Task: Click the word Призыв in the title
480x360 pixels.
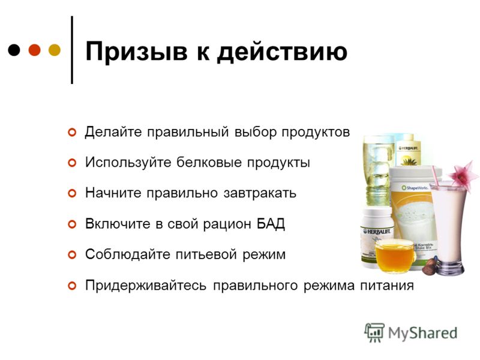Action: pos(137,52)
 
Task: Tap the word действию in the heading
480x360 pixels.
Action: pos(282,52)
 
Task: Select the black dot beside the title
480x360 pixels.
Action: pos(14,50)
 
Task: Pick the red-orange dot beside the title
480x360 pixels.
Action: pos(34,50)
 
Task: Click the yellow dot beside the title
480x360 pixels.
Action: pos(55,50)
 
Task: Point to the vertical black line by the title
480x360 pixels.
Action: pos(72,50)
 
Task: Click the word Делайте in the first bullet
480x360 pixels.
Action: pos(113,132)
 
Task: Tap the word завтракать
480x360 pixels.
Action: pos(260,193)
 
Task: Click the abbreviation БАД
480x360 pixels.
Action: pos(271,224)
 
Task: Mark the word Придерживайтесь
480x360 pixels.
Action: pos(146,286)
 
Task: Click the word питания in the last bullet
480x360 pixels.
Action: pos(387,286)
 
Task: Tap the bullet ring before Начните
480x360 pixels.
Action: pos(72,193)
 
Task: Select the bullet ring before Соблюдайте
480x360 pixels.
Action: pos(72,254)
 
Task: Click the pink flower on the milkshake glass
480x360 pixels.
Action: pos(461,175)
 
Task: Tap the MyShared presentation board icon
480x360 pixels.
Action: pos(374,333)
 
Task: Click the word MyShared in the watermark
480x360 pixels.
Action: pos(423,333)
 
